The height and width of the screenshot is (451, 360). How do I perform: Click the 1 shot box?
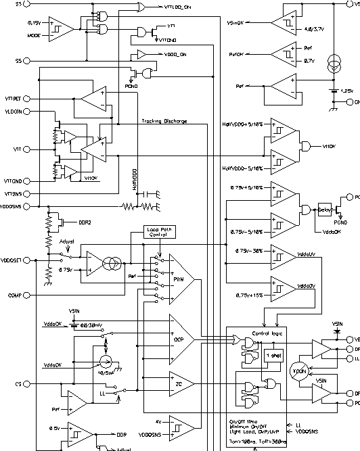[274, 356]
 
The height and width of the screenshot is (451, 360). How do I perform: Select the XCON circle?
[298, 372]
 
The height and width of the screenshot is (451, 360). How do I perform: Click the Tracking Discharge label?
[164, 122]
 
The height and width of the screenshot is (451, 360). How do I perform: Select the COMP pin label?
[15, 294]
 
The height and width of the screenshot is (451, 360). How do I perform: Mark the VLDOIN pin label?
[14, 111]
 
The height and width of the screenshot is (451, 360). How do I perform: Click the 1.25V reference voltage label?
[347, 90]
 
